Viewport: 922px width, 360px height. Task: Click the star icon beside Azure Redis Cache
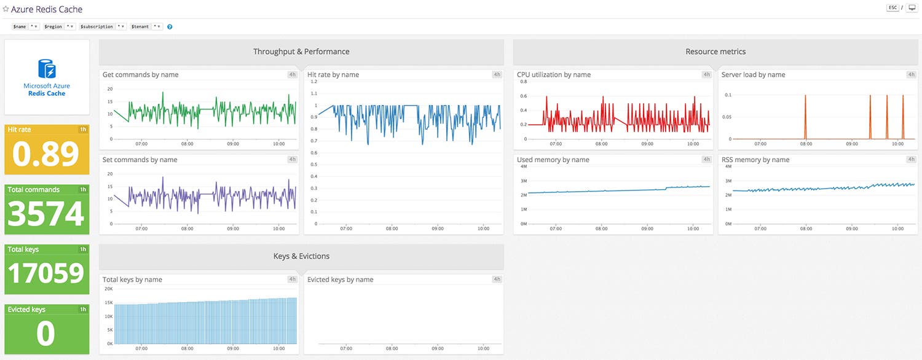[x=6, y=9]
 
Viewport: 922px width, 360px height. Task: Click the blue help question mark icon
[x=170, y=27]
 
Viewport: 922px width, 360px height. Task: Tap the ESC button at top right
[x=892, y=8]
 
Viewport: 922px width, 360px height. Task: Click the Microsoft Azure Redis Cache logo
[x=47, y=77]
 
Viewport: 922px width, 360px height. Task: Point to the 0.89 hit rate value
[x=47, y=154]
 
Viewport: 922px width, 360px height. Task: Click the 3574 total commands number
[x=47, y=214]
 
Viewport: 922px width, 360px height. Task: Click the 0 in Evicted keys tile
[x=46, y=334]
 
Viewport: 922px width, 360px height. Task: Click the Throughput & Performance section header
[x=301, y=52]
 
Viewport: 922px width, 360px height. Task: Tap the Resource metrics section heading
[x=715, y=52]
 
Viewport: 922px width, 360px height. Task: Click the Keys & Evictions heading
[x=301, y=256]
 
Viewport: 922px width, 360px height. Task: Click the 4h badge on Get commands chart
[x=292, y=74]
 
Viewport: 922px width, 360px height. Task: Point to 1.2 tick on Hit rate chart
[x=313, y=81]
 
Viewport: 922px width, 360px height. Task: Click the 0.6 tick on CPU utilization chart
[x=523, y=96]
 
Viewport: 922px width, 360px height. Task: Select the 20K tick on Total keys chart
[x=108, y=289]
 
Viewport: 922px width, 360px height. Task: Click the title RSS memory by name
[x=755, y=160]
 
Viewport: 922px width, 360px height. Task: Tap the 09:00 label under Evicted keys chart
[x=438, y=348]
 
